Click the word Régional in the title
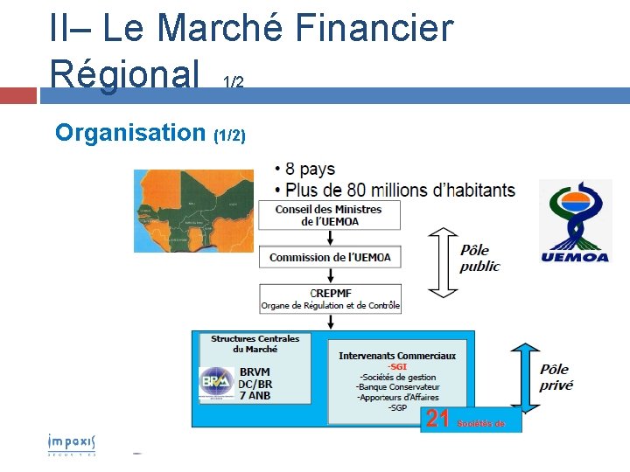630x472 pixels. click(x=125, y=73)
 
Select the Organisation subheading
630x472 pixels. click(x=129, y=133)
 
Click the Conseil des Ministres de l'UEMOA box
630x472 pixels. click(x=329, y=215)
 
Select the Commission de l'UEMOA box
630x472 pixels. click(x=330, y=258)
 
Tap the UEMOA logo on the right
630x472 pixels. click(x=575, y=222)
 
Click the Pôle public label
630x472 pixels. click(x=480, y=258)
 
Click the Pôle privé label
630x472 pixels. click(x=556, y=377)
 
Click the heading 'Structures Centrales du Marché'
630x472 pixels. click(x=255, y=344)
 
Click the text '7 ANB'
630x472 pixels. click(x=255, y=395)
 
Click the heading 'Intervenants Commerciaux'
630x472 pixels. click(x=397, y=356)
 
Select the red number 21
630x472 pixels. click(x=437, y=420)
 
